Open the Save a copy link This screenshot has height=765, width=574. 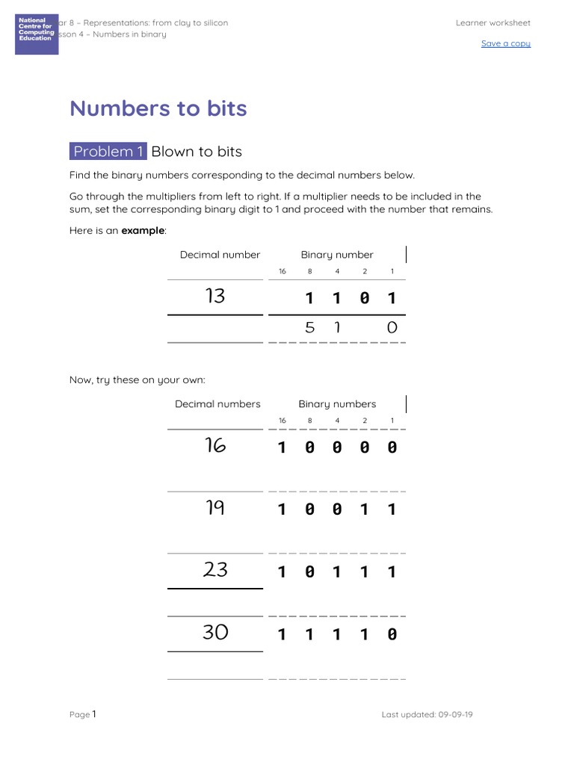[x=505, y=43]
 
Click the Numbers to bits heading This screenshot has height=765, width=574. [x=158, y=108]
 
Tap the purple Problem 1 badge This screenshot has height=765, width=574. [x=108, y=152]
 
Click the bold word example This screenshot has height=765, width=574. [x=143, y=231]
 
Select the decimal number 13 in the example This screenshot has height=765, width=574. [x=215, y=297]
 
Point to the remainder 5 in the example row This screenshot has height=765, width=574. [x=310, y=327]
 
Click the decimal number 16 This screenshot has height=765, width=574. [x=215, y=446]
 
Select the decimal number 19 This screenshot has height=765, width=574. [x=215, y=508]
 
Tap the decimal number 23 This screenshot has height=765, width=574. [x=215, y=570]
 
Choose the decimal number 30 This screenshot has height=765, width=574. [x=215, y=633]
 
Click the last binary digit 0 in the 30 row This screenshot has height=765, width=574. [x=392, y=635]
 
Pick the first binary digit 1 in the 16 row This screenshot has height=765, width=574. [x=282, y=447]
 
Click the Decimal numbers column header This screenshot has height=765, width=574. [x=217, y=404]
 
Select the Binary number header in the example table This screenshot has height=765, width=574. [x=337, y=255]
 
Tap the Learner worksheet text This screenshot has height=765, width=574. [x=493, y=23]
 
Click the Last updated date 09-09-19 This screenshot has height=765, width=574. [x=456, y=714]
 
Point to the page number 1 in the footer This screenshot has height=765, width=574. [x=94, y=714]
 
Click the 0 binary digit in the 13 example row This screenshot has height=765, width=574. [x=364, y=299]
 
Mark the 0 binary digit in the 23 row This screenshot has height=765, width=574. [x=309, y=572]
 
